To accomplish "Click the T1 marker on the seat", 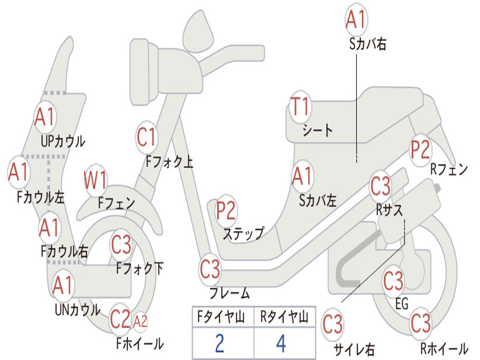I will (300, 107).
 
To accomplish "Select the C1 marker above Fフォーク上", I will (146, 137).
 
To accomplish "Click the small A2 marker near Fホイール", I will (140, 321).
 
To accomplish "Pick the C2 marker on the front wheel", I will (120, 319).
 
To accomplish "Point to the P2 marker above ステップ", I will (226, 211).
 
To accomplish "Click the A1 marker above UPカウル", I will (45, 117).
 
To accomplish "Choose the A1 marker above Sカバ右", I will (355, 20).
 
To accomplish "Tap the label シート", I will (317, 130).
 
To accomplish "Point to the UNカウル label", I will (77, 310).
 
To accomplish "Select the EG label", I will (402, 304).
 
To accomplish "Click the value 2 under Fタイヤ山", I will (219, 343).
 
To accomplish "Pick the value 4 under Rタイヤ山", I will (281, 343).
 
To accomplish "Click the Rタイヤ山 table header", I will (284, 318).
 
